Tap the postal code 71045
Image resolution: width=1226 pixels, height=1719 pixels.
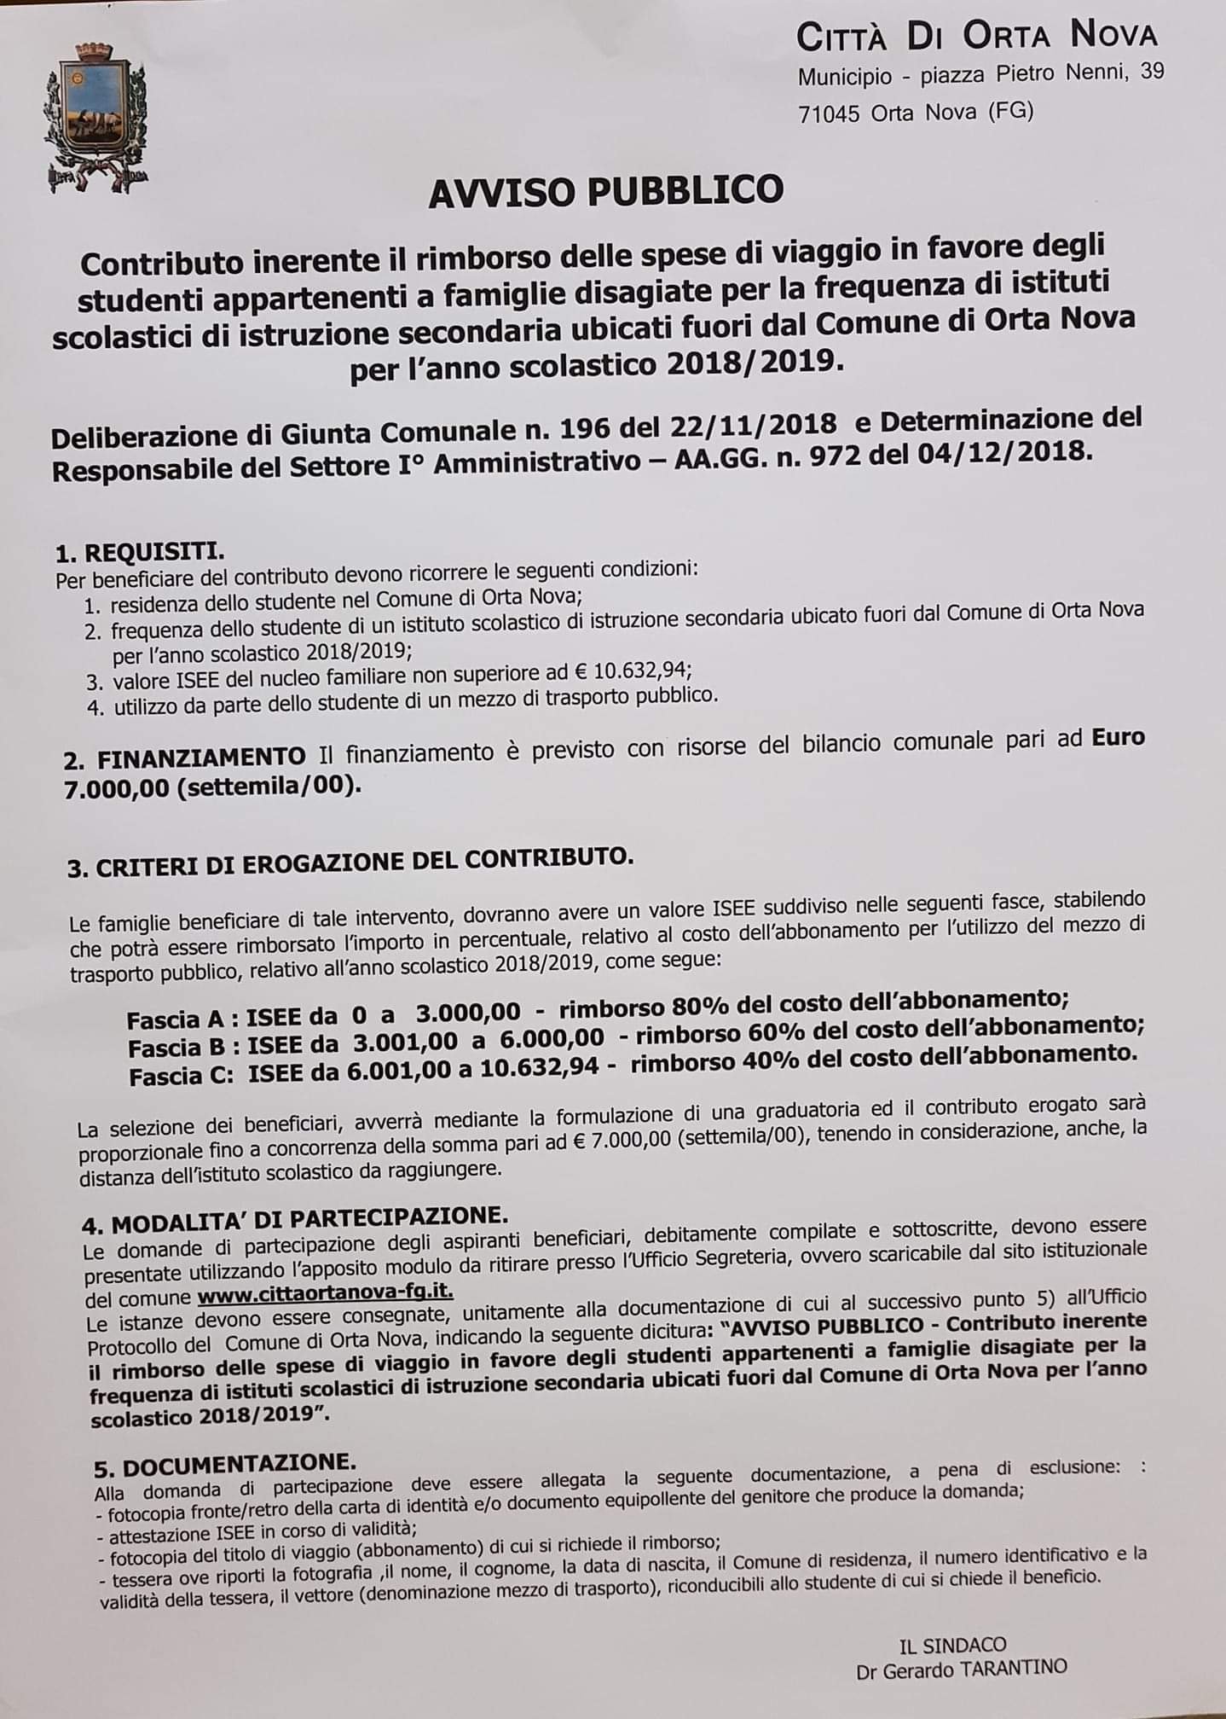tap(829, 113)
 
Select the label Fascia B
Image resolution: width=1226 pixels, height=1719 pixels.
tap(182, 1047)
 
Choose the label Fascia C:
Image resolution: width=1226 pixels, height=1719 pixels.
tap(182, 1076)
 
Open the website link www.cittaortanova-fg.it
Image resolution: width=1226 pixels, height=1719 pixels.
tap(325, 1297)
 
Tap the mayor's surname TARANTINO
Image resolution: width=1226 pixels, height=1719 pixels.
tap(1015, 1670)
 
